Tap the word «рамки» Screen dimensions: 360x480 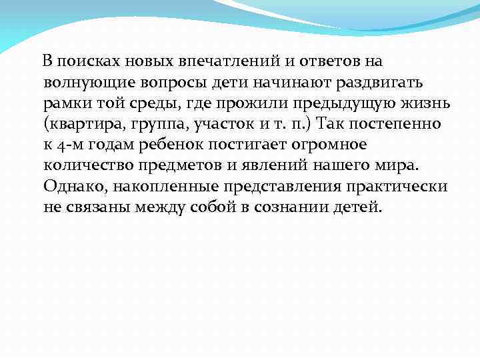pos(65,103)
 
